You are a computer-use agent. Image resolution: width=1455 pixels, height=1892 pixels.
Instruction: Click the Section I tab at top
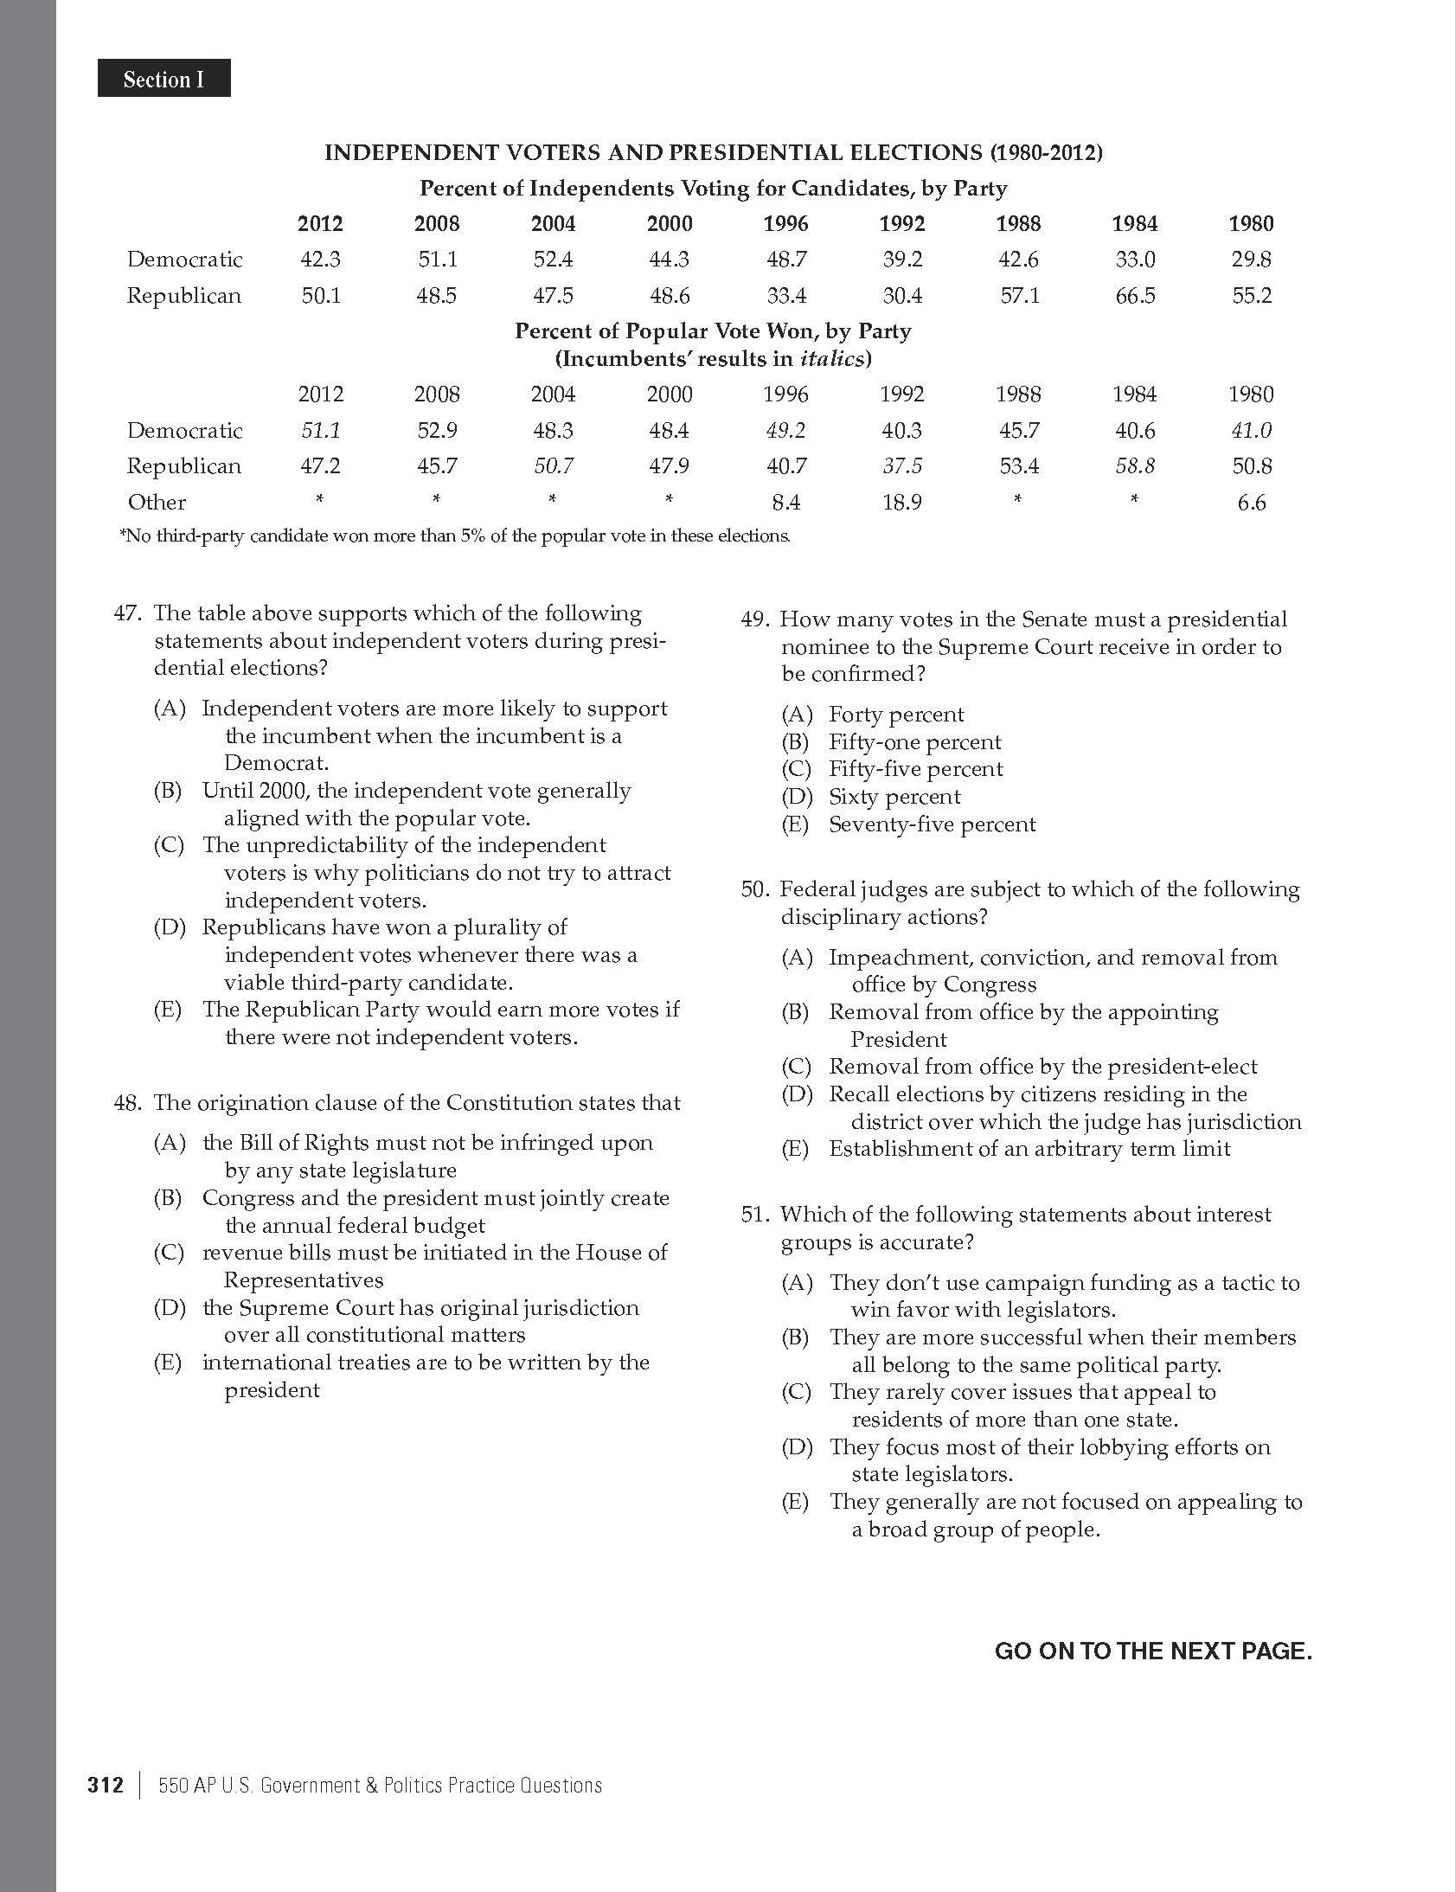click(163, 80)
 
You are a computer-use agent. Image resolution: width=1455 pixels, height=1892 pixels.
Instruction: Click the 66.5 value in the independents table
click(1135, 296)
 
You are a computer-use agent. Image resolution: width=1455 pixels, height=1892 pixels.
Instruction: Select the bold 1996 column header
click(785, 224)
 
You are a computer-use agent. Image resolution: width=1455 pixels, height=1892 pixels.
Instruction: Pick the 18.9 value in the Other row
click(901, 503)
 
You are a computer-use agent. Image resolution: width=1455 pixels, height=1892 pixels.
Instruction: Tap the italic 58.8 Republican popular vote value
click(1135, 466)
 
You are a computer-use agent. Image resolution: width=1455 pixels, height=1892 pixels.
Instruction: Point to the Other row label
click(157, 503)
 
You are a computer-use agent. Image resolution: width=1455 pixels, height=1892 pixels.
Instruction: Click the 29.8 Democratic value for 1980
click(1251, 260)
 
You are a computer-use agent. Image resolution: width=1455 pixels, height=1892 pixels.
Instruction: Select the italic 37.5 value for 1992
click(901, 466)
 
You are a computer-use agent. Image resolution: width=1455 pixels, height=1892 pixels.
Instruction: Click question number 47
click(127, 614)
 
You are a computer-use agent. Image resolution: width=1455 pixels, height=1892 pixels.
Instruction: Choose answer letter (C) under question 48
click(169, 1253)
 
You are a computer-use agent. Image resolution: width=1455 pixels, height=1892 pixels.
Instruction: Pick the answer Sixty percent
click(894, 797)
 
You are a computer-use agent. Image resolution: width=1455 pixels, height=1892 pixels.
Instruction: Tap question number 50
click(754, 890)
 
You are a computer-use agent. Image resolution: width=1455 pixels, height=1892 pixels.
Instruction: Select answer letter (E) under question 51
click(795, 1503)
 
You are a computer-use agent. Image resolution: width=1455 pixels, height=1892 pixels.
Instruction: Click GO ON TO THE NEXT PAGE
click(1153, 1651)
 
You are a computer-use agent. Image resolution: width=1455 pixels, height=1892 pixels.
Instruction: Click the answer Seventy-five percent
click(931, 824)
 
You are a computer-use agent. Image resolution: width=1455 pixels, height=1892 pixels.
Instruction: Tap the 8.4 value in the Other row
click(785, 503)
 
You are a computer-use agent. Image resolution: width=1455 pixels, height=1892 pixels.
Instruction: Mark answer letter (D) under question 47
click(170, 927)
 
